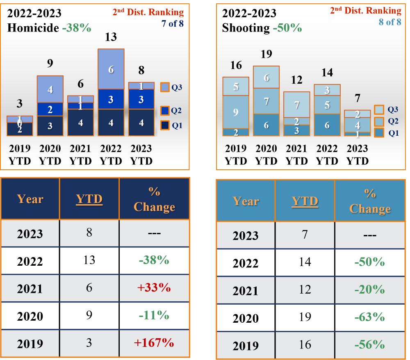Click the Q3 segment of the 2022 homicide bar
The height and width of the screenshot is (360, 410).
[x=111, y=69]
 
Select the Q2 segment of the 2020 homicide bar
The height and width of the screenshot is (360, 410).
[x=50, y=109]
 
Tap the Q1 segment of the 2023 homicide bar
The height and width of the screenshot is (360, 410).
[x=141, y=122]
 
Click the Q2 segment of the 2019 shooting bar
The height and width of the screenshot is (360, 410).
[x=235, y=112]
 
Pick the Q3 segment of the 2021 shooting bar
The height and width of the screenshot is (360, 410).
[x=296, y=105]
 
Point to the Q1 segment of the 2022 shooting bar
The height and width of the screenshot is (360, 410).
[x=327, y=125]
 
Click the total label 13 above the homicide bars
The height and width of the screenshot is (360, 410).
[x=111, y=37]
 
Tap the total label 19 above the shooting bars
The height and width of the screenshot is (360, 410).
[x=266, y=55]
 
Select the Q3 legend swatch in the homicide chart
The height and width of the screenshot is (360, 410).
[x=164, y=87]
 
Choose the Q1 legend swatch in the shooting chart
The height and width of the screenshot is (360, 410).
[x=379, y=133]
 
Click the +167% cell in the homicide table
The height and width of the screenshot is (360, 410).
[x=154, y=342]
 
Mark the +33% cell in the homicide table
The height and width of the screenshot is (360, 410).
[x=154, y=287]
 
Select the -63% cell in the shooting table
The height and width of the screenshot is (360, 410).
[x=370, y=317]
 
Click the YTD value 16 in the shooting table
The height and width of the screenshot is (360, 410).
[x=305, y=344]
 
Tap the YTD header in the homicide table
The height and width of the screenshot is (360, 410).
[x=89, y=199]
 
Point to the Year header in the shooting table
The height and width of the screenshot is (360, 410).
[x=246, y=201]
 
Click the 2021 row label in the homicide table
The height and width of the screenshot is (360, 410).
[x=30, y=289]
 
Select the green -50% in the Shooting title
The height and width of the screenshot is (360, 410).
[x=287, y=28]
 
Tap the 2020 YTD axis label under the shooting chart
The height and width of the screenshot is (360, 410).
[x=266, y=155]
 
